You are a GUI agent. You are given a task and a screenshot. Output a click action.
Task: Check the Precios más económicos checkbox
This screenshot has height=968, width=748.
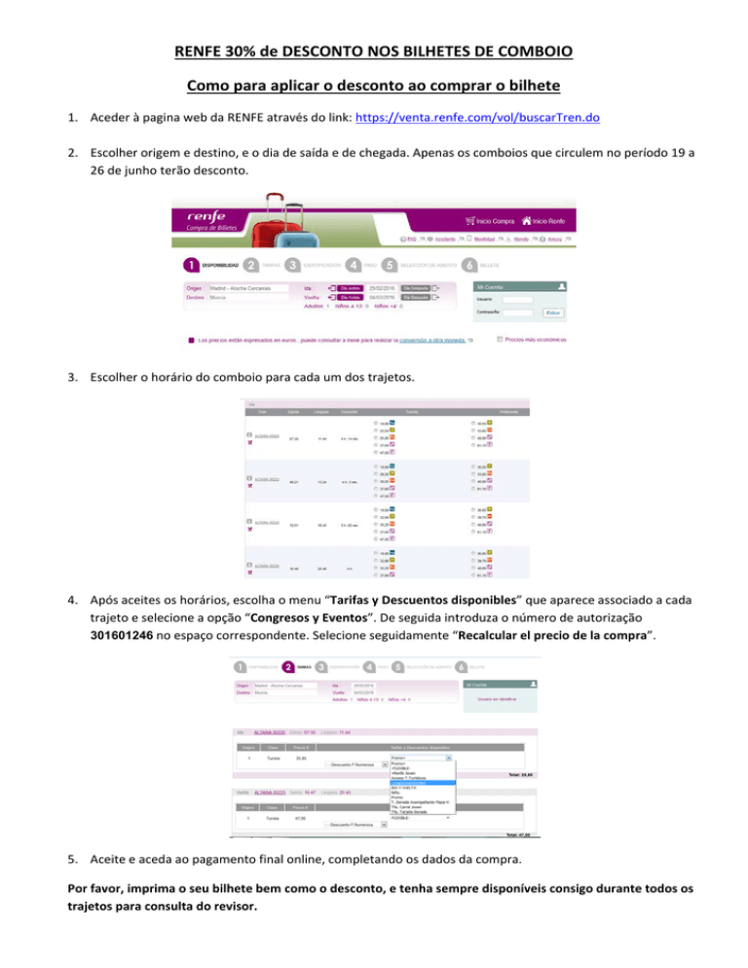click(500, 340)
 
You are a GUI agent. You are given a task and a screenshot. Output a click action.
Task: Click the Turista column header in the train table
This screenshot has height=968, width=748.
click(412, 413)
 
